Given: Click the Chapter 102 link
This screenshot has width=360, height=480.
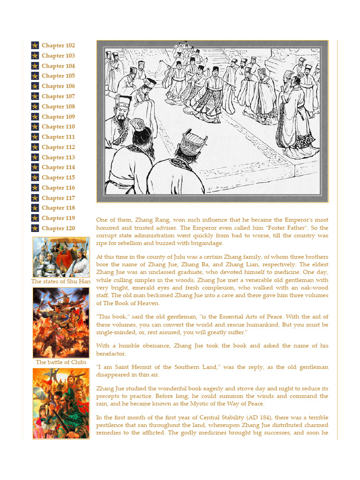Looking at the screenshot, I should [58, 45].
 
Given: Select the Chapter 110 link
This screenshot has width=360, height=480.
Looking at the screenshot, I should [58, 127].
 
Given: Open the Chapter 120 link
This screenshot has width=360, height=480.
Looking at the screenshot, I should [58, 228].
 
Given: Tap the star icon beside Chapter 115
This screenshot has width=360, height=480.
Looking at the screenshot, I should [35, 178].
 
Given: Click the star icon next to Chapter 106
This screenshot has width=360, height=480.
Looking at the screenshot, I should [35, 86].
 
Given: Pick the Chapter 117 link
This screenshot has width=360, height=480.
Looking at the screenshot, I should [58, 198].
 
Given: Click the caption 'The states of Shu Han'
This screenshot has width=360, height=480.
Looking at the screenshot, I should [61, 282].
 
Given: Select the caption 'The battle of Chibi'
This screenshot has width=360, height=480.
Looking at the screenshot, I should [61, 362].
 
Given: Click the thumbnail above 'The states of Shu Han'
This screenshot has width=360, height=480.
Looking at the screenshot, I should [61, 257].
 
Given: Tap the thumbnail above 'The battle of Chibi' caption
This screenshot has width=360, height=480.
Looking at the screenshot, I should [61, 322].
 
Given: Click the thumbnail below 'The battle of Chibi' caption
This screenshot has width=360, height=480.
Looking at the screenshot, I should [61, 403].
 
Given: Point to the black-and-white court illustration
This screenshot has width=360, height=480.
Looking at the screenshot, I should [212, 121].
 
